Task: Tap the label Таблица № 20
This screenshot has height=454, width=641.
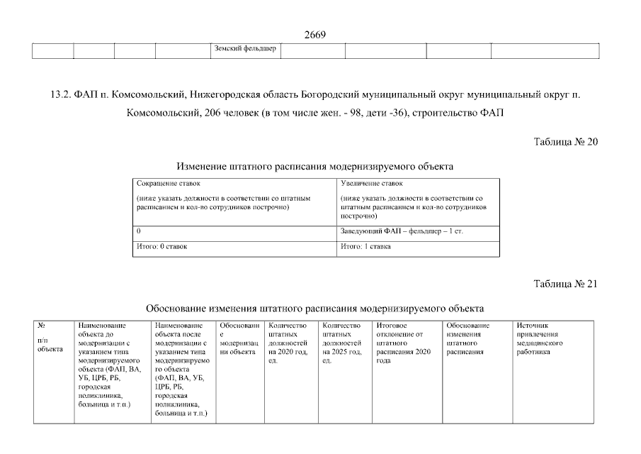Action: coord(566,142)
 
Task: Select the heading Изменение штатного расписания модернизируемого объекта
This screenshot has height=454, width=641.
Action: coord(314,166)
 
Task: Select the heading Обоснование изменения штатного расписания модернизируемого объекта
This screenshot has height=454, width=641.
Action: coord(314,309)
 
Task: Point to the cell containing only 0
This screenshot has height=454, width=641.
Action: coord(139,231)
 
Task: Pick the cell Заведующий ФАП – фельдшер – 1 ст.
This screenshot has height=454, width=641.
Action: coord(402,231)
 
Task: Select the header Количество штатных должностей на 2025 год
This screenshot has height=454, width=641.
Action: coord(342,343)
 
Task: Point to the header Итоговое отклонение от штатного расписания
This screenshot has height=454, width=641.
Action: coord(402,343)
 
